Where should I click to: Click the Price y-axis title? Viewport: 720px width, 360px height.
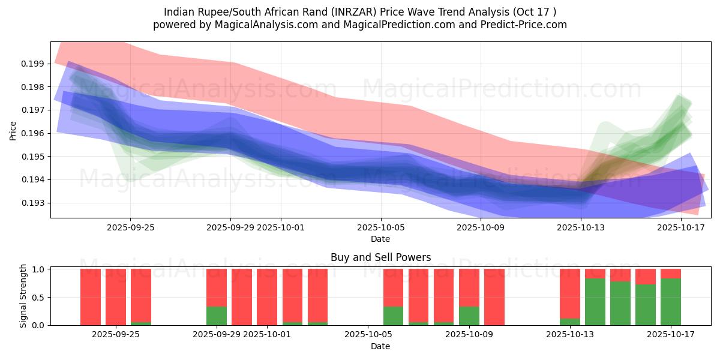(13, 130)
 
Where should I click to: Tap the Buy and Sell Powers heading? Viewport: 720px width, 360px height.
(380, 257)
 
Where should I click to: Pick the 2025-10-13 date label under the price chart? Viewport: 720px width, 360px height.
(581, 227)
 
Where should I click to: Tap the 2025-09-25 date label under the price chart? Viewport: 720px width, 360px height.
(131, 227)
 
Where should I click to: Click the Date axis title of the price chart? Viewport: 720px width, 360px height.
(380, 239)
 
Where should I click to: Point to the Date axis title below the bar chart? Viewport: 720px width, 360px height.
(380, 346)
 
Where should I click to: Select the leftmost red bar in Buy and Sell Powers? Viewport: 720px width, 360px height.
(91, 297)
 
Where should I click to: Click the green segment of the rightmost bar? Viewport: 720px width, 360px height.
(670, 302)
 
